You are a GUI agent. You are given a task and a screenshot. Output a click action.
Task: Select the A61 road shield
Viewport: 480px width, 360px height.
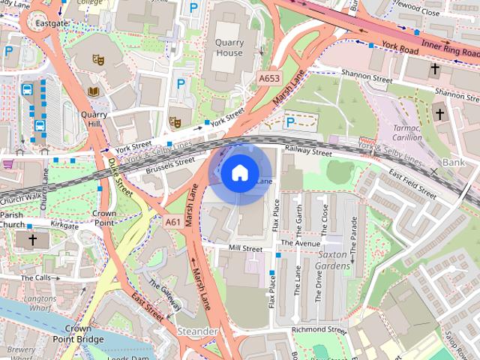(x=173, y=222)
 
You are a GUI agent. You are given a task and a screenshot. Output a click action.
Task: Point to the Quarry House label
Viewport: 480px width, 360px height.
(x=229, y=48)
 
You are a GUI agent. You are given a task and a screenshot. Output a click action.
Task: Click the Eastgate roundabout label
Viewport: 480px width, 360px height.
(x=52, y=23)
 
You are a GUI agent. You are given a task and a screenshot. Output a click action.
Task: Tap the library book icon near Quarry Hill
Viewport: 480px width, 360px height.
(x=94, y=91)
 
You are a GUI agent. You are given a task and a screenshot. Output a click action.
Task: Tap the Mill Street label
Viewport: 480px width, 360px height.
(x=246, y=248)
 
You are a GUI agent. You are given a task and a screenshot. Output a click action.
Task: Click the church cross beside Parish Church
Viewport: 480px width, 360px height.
(x=32, y=240)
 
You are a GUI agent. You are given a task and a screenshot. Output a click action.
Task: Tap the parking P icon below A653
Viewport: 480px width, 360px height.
(x=290, y=121)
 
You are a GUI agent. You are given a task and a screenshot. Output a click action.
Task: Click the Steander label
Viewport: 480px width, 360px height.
(x=198, y=331)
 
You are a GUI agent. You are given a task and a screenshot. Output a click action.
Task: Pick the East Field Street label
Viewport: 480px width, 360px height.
(x=412, y=184)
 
